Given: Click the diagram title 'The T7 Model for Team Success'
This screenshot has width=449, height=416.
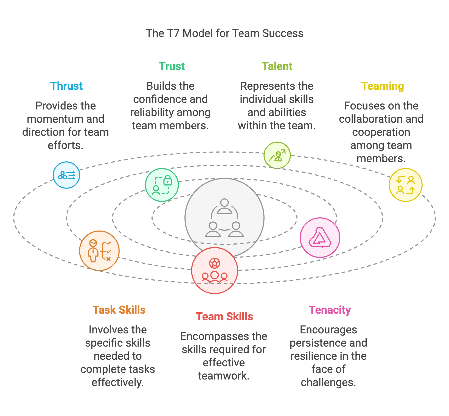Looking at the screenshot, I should (x=224, y=33).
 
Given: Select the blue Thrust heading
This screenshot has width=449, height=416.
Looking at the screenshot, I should (x=66, y=86).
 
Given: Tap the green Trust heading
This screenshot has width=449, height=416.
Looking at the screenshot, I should (x=172, y=66).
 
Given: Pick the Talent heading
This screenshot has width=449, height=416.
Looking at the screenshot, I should (x=277, y=66).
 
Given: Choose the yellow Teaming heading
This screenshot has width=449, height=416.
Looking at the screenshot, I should (x=382, y=86).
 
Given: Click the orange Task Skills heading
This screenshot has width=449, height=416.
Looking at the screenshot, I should (x=119, y=310).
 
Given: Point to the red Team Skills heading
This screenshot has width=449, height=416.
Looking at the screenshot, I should (x=224, y=316).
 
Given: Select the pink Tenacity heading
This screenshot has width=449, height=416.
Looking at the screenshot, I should (x=330, y=310).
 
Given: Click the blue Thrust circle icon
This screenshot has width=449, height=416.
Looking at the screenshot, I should (x=66, y=175).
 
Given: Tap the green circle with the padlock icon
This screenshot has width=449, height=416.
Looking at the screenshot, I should (x=162, y=185).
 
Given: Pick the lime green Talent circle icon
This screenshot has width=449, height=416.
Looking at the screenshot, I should (x=277, y=155).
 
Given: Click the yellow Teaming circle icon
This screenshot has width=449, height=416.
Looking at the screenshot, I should (x=405, y=185).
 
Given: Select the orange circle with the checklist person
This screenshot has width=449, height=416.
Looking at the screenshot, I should (x=99, y=251).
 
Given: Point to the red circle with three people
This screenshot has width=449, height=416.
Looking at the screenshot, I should (x=215, y=271).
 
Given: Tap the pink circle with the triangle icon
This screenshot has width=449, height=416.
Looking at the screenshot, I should (x=320, y=238).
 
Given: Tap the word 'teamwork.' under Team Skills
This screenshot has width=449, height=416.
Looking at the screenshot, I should (x=223, y=376).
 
